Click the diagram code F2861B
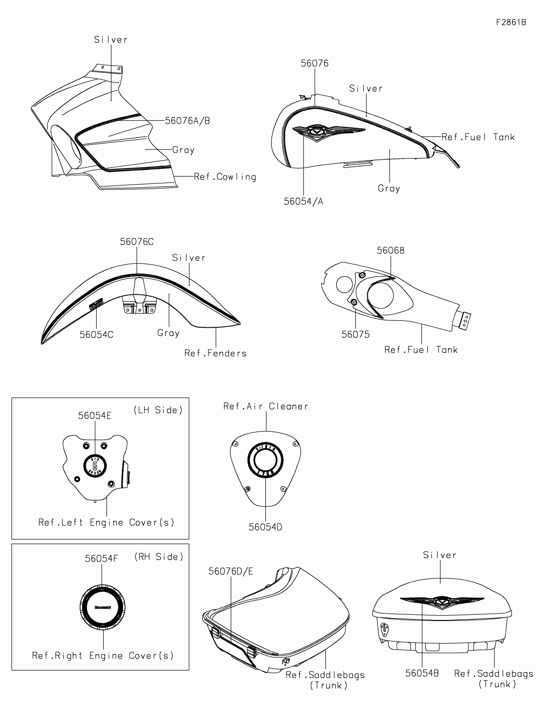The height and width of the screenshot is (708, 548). (x=511, y=22)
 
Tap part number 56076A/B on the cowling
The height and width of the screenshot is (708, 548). (x=187, y=121)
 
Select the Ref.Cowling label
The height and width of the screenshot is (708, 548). (x=225, y=177)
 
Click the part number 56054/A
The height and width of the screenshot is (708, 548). (x=303, y=201)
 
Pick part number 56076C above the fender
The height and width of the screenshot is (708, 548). (x=137, y=242)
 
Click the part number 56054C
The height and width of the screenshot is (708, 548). (x=96, y=335)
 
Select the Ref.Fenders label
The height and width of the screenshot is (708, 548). (x=216, y=353)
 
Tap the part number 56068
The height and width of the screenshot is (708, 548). (x=390, y=251)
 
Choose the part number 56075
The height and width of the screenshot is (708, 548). (x=356, y=335)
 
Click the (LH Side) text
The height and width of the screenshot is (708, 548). (x=158, y=410)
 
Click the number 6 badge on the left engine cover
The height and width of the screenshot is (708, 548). (x=95, y=466)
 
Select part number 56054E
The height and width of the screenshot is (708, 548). (x=95, y=416)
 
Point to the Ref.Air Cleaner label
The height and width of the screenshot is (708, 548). (x=266, y=406)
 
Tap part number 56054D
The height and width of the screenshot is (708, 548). (x=265, y=527)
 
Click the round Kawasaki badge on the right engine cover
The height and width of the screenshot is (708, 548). (x=103, y=607)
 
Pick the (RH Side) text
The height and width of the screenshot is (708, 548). (x=159, y=557)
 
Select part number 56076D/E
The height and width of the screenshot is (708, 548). (x=230, y=571)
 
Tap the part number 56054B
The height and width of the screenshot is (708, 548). (x=422, y=673)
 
